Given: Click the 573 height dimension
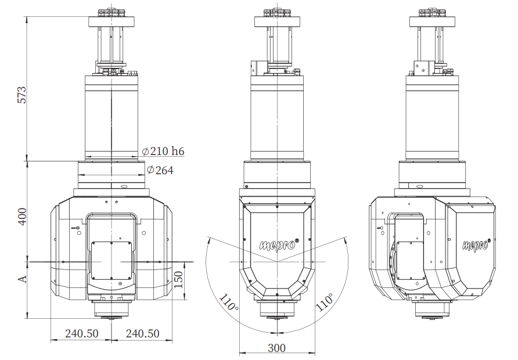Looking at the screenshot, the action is pos(21,95).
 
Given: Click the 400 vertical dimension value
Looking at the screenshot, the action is pos(22,217).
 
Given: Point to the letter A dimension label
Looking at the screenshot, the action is pos(22,279).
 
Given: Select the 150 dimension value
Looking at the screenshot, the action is pos(178,279).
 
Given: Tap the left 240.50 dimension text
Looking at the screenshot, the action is pos(82,333).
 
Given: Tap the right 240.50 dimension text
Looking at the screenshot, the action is pos(142,333).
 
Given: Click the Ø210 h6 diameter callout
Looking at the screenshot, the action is pos(163,151).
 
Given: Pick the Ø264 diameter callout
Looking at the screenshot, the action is pos(160,170).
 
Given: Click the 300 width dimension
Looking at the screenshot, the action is pos(276,348).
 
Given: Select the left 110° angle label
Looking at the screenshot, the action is pos(228,302).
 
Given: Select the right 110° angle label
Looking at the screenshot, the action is pos(325,302).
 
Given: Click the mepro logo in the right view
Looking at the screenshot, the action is pos(476,244).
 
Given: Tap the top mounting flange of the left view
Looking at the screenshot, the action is pos(111,21).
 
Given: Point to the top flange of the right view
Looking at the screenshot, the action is pos(433,21).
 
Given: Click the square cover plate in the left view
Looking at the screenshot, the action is pos(111,260).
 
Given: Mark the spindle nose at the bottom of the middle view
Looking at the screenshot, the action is pos(277,311).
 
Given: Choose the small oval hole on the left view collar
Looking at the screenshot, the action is pos(124,186).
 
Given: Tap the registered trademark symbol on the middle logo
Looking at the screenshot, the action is pos(296,241).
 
